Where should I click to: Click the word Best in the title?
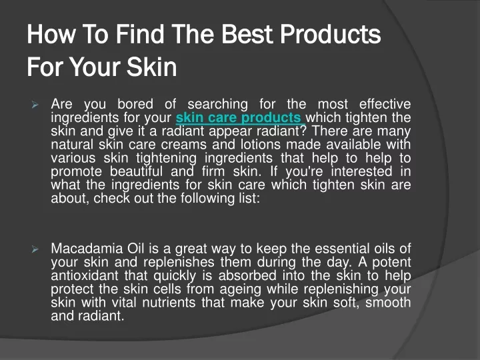pos(247,34)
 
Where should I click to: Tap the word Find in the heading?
pos(139,34)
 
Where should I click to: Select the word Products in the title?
pos(330,34)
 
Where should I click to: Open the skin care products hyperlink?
pos(240,118)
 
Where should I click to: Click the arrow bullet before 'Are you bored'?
pos(35,105)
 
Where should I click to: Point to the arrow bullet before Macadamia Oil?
pos(35,249)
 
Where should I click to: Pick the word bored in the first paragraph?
pos(135,104)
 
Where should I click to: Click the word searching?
pos(217,105)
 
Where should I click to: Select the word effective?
pos(385,104)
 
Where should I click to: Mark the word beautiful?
pos(136,171)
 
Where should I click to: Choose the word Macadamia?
pos(87,249)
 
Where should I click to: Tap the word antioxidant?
pos(85,275)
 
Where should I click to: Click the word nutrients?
pos(169,303)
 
